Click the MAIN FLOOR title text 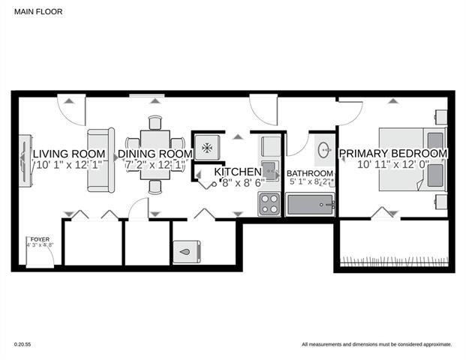pyautogui.click(x=35, y=11)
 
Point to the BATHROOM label pyautogui.click(x=310, y=174)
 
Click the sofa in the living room pyautogui.click(x=101, y=160)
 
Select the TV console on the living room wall pyautogui.click(x=25, y=160)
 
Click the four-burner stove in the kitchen pyautogui.click(x=269, y=204)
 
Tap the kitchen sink pyautogui.click(x=269, y=166)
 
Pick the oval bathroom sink pyautogui.click(x=324, y=150)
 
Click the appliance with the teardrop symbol pyautogui.click(x=185, y=252)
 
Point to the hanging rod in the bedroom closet pyautogui.click(x=394, y=261)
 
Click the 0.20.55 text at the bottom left pyautogui.click(x=23, y=345)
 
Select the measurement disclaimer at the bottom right pyautogui.click(x=376, y=345)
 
